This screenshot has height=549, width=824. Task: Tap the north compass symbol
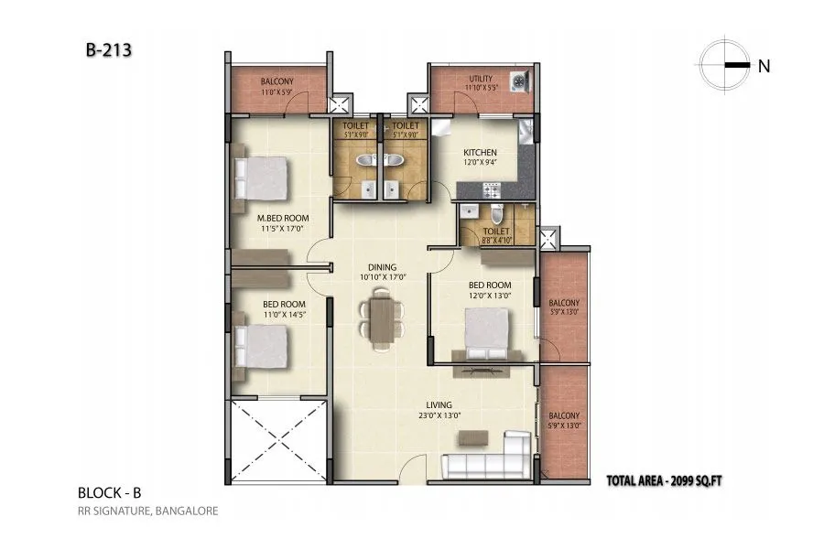[x=724, y=64]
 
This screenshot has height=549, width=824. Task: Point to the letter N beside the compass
[x=763, y=65]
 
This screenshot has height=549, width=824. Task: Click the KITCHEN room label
[x=480, y=153]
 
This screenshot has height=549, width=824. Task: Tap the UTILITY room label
[x=481, y=80]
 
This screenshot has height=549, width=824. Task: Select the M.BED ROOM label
[x=282, y=218]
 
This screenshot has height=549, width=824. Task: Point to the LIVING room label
[x=439, y=404]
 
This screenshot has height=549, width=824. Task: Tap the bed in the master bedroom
[x=260, y=178]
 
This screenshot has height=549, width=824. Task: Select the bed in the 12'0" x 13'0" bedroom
[x=485, y=333]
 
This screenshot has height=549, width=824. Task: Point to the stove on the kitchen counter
[x=489, y=189]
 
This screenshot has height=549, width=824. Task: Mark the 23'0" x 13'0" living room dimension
[x=439, y=415]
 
